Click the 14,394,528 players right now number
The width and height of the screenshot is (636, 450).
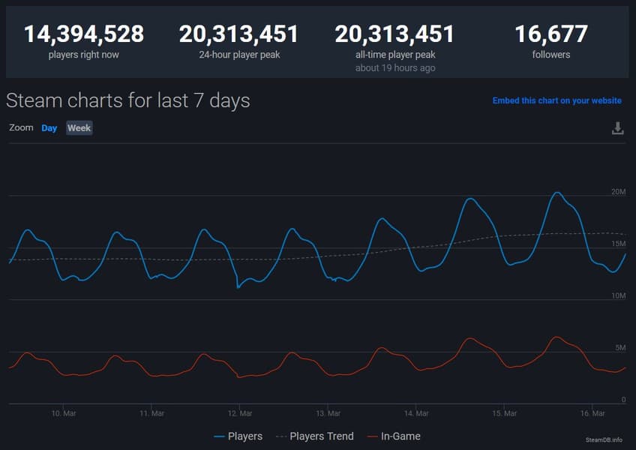pos(84,34)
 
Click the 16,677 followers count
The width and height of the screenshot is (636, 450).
pos(551,34)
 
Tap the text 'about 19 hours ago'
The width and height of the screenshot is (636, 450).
pos(394,68)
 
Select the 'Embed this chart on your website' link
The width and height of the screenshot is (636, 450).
pos(556,100)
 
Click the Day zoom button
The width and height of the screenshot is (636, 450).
pos(49,128)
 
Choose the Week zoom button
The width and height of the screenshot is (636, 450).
pos(79,128)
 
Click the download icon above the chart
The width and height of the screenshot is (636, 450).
pos(618,128)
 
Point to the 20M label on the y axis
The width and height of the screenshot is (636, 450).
pos(618,192)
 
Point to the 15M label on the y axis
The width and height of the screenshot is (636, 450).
pos(618,244)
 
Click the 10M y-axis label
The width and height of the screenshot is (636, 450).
pos(618,296)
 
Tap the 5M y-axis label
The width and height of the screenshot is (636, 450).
pos(620,348)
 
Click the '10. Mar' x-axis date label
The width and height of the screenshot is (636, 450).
pos(64,413)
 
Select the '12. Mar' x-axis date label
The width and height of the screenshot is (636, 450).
pos(240,413)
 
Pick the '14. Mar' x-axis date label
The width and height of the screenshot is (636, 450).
pos(416,413)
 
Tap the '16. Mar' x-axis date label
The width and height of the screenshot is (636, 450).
pos(592,413)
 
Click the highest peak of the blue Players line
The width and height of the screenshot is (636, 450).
pos(556,193)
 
